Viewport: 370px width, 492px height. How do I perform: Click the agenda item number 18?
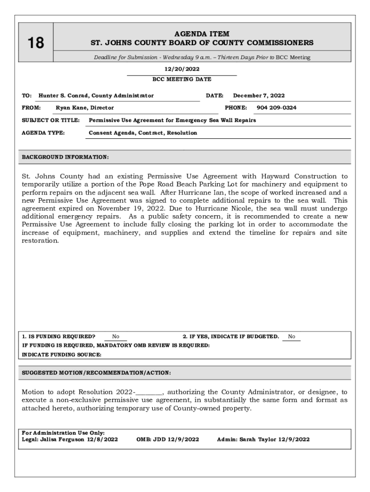tap(36, 43)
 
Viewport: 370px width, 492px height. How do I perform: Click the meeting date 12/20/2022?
tap(182, 69)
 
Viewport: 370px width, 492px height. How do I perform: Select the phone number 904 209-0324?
tap(276, 108)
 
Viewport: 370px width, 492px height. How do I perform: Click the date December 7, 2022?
tap(259, 96)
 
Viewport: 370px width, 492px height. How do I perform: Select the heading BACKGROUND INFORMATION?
tap(65, 157)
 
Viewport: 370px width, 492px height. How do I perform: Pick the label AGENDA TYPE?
tap(44, 133)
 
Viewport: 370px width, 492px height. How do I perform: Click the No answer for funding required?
tap(115, 337)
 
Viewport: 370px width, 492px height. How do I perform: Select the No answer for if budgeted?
tap(292, 337)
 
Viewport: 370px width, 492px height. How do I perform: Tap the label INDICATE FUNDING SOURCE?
tap(62, 355)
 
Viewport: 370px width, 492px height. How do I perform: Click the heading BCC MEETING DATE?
tap(182, 79)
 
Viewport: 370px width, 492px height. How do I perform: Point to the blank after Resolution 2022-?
tap(149, 392)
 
